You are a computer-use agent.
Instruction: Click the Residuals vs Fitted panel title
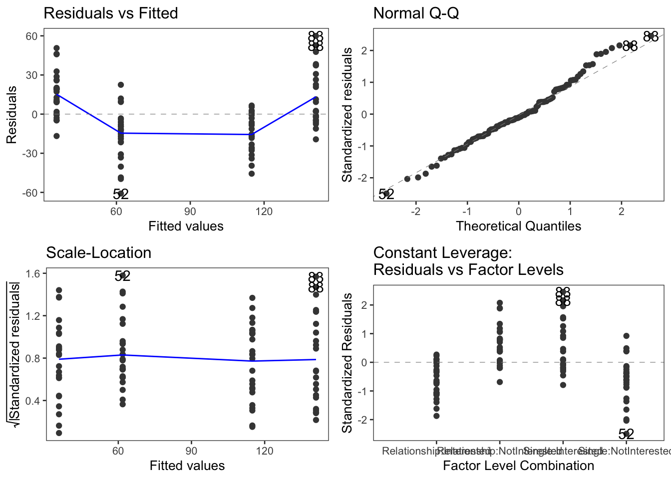coord(111,13)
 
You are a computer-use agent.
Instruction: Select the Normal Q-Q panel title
coord(416,13)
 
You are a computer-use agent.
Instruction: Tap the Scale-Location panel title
coord(98,252)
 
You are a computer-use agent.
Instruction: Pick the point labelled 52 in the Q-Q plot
coord(386,194)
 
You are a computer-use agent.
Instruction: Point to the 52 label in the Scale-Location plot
coord(122,276)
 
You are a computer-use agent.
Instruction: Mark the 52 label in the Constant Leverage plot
coord(626,434)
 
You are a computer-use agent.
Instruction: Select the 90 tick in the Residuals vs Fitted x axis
coord(190,212)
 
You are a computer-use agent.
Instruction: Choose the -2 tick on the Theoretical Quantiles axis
coord(415,212)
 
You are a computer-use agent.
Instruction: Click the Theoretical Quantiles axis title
coord(518,226)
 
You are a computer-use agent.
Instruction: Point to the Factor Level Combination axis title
coord(518,466)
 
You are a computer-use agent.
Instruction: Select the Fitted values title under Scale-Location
coord(187,466)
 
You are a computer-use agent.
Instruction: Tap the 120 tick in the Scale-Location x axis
coord(265,451)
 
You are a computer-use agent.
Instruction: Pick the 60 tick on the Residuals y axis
coord(32,36)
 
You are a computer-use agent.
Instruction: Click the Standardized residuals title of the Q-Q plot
coord(347,115)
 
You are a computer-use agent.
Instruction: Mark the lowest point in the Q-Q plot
coord(386,194)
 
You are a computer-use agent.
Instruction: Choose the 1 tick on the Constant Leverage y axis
coord(365,333)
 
